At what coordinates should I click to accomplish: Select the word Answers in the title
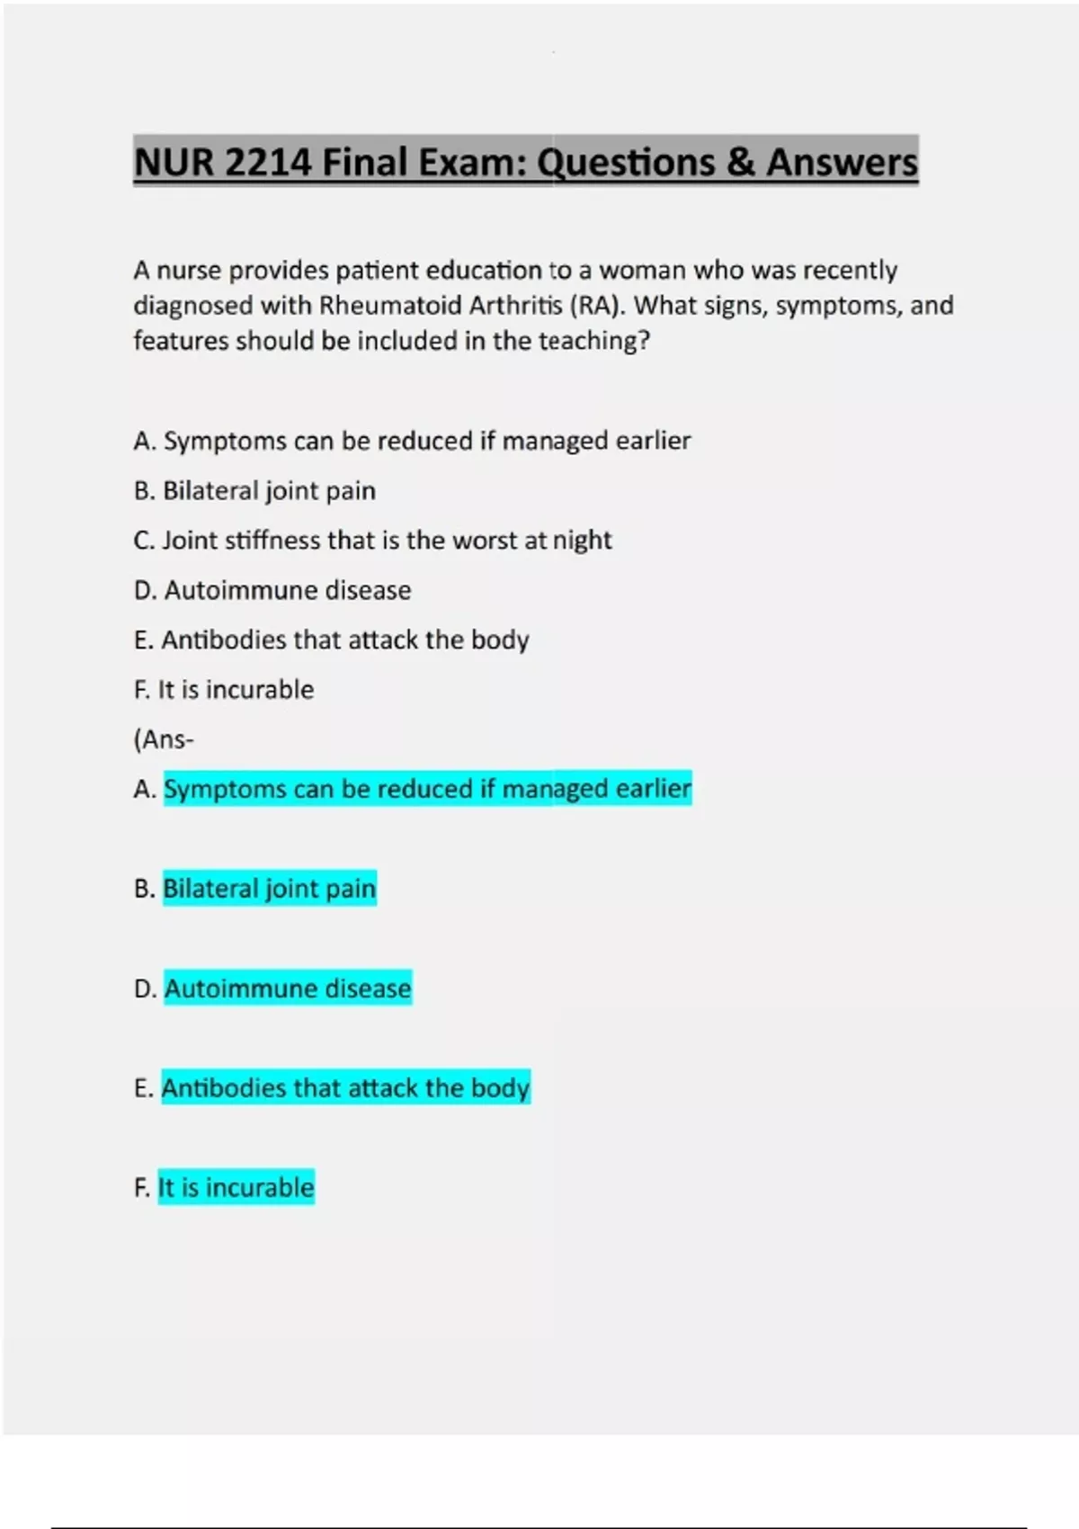click(842, 163)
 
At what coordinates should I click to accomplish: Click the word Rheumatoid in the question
click(383, 306)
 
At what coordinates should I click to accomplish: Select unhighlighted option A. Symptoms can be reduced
click(412, 441)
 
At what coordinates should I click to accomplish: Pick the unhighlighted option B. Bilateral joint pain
click(254, 491)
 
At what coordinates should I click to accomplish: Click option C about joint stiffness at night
click(372, 541)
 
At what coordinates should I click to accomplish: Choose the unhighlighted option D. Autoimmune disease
click(272, 591)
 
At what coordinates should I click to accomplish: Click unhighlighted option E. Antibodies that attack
click(331, 640)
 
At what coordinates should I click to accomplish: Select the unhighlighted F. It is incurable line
click(224, 690)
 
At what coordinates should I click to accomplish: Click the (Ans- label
click(164, 740)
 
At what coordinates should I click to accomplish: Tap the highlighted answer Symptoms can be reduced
click(427, 789)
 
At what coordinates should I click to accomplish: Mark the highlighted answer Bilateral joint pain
click(269, 889)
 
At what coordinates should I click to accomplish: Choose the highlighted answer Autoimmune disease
click(288, 988)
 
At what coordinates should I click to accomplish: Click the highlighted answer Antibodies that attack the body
click(345, 1088)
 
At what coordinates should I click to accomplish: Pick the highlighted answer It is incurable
click(236, 1188)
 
